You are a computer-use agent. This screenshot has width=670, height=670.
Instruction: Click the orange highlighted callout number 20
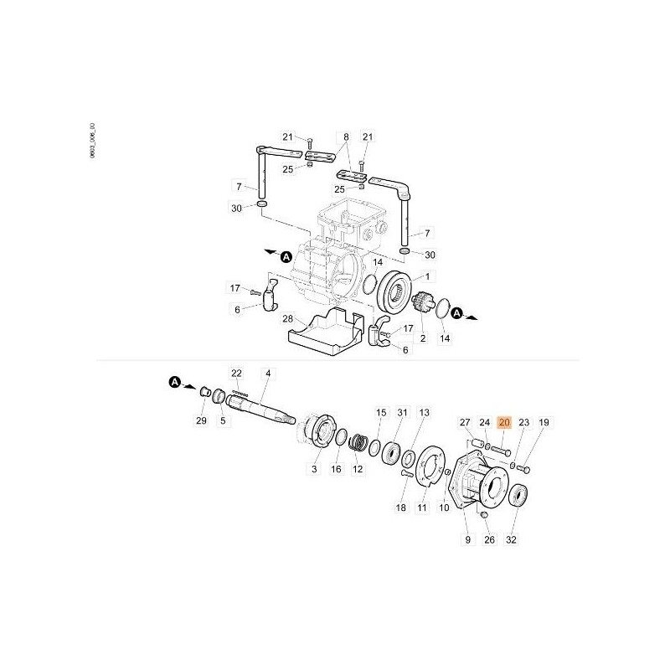click(x=504, y=424)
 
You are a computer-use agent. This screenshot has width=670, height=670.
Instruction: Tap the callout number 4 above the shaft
click(x=267, y=373)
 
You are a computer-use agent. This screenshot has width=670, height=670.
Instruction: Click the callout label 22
click(x=236, y=373)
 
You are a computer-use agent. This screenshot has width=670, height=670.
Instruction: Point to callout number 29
click(x=201, y=420)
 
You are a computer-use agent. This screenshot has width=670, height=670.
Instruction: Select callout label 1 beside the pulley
click(x=429, y=277)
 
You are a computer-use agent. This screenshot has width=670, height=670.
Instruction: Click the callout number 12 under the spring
click(x=358, y=471)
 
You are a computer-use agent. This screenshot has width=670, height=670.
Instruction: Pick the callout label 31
click(x=402, y=413)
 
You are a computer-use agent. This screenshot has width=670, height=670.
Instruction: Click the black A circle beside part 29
click(x=175, y=382)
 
